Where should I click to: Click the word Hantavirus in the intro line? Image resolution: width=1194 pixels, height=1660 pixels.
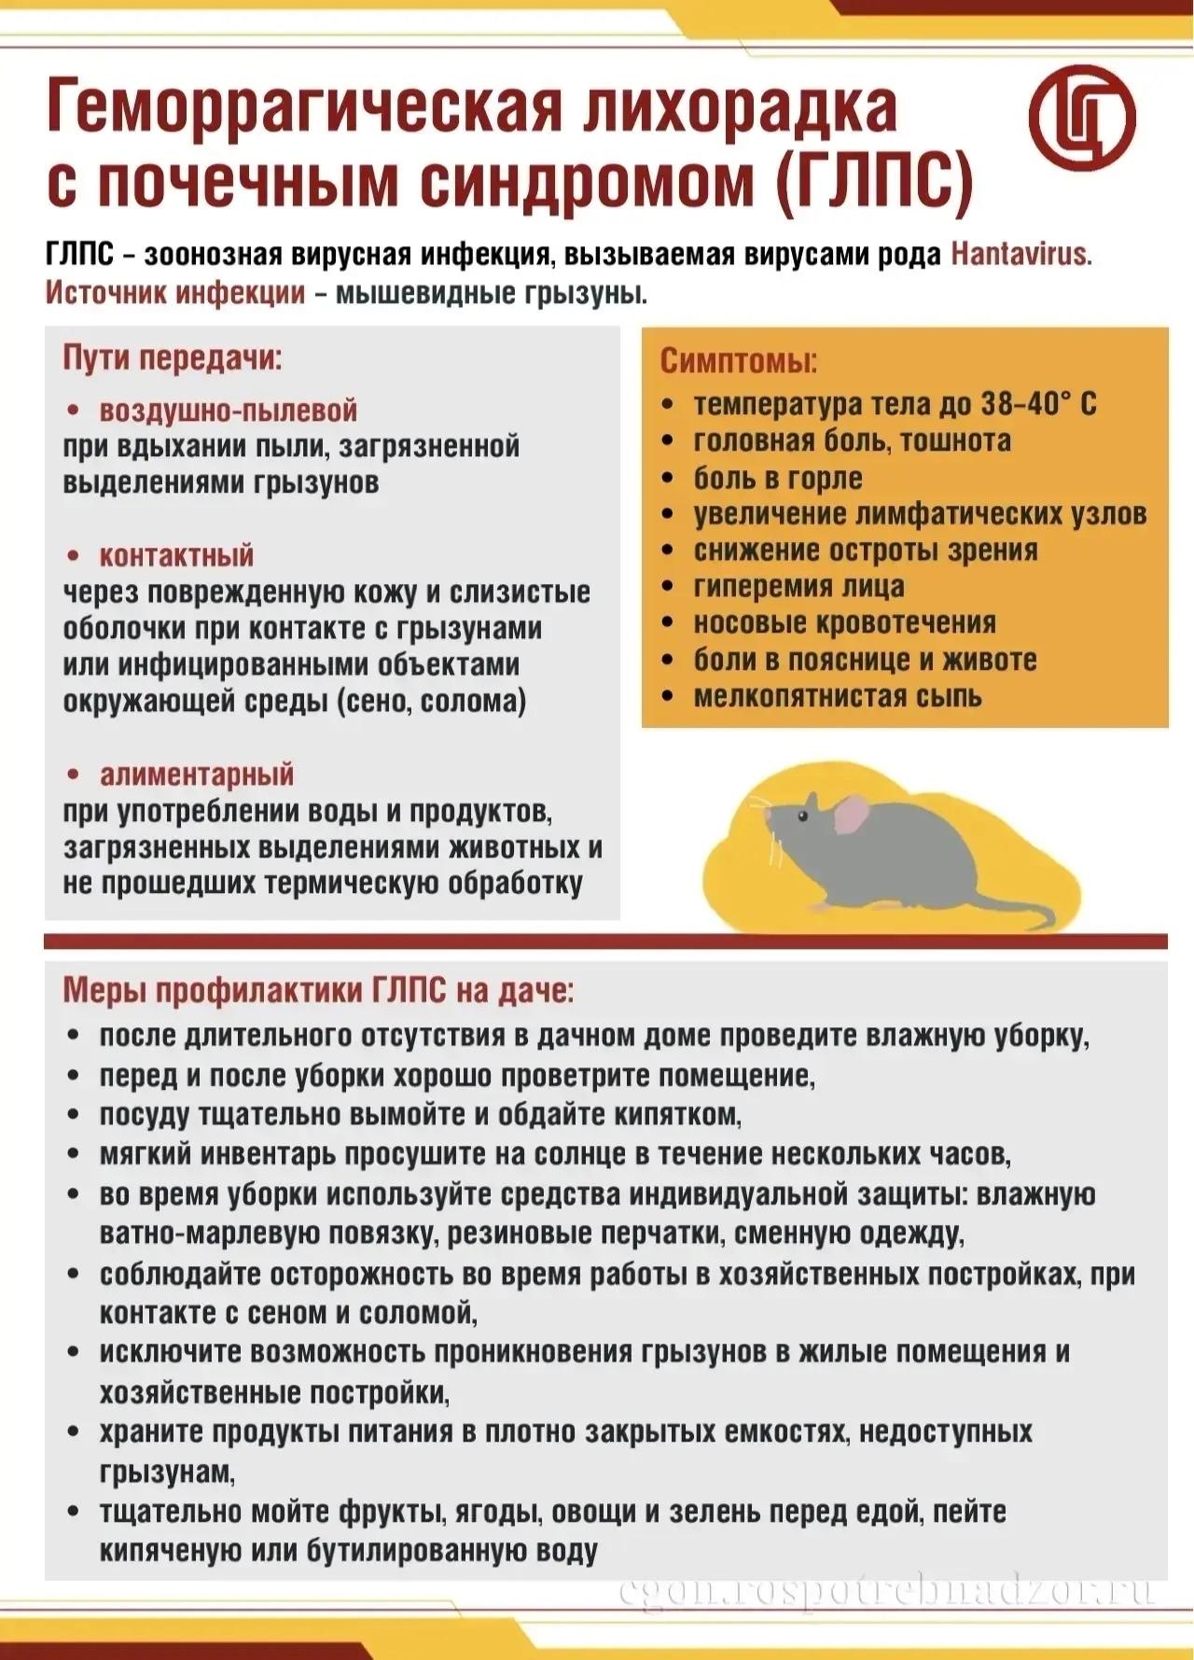1020,255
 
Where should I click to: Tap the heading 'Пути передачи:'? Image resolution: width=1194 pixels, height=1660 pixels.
172,358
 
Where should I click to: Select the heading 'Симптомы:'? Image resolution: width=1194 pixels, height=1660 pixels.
739,361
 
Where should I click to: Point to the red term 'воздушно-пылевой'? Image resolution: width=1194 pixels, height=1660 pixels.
228,411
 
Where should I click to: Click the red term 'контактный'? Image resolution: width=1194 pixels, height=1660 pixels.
176,556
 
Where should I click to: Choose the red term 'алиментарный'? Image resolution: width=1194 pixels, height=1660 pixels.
197,774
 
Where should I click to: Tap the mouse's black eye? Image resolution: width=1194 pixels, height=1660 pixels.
803,815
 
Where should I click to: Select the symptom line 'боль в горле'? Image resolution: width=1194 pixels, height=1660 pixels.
778,478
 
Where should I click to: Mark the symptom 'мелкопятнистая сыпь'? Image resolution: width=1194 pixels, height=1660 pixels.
837,697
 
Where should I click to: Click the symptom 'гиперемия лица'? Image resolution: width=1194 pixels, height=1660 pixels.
798,587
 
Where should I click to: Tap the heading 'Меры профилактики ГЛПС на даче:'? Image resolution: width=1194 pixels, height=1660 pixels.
319,991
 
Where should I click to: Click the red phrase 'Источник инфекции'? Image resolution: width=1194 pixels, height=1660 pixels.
175,293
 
